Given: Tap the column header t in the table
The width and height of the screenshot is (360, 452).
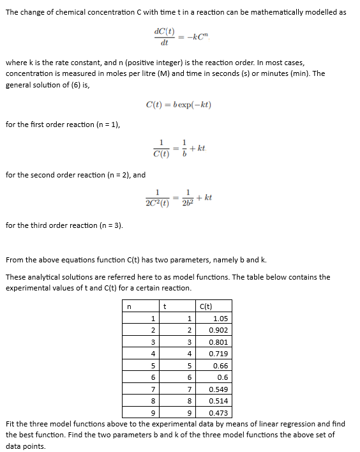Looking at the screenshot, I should click(x=165, y=306).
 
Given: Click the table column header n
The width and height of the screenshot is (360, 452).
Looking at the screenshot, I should click(x=129, y=306).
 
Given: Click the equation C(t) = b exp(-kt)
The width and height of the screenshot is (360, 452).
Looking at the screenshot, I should click(x=179, y=105).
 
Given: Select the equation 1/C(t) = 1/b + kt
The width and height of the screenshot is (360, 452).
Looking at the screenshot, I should click(x=179, y=148).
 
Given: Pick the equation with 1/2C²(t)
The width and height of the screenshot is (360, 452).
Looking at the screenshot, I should click(x=179, y=199).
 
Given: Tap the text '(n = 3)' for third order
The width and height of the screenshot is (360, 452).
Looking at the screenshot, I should click(x=110, y=225).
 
